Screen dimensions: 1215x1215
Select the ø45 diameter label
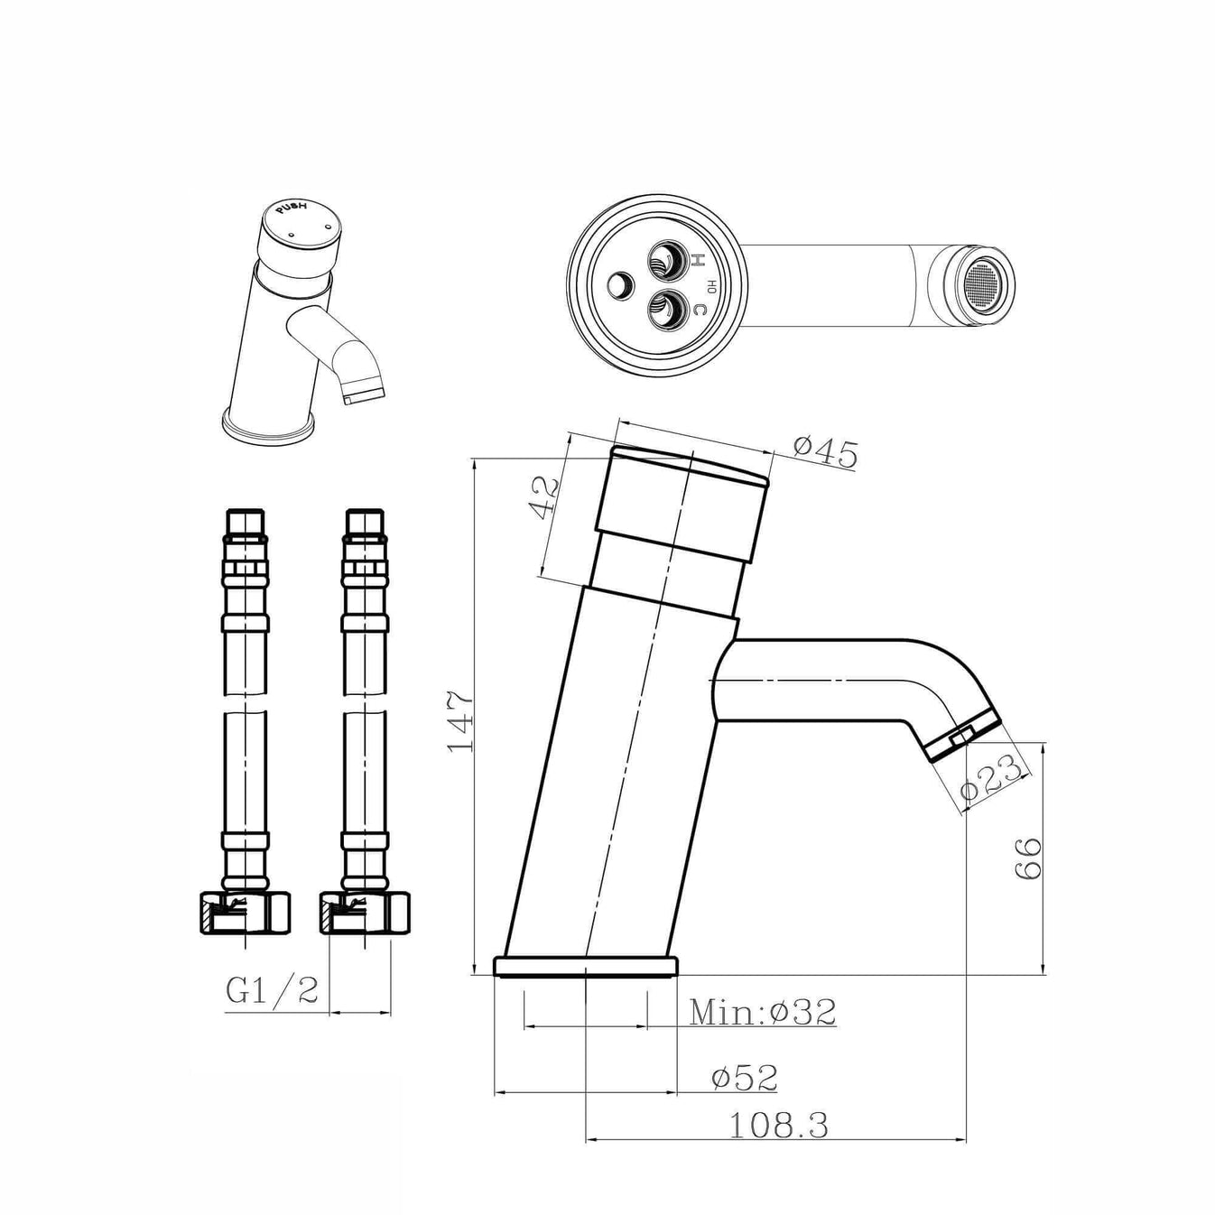click(825, 451)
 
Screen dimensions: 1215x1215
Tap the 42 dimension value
click(543, 497)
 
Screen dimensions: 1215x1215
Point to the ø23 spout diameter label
click(990, 777)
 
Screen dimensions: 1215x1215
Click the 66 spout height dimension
click(1028, 858)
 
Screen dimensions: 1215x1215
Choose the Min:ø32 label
click(763, 1013)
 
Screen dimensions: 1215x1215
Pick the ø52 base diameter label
click(744, 1077)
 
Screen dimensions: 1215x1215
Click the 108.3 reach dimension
click(778, 1126)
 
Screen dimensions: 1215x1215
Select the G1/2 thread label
click(273, 990)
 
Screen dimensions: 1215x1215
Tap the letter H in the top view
click(697, 261)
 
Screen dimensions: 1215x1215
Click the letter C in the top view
click(698, 311)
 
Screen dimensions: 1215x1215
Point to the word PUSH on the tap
click(292, 209)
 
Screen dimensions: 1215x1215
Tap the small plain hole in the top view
click(620, 286)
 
